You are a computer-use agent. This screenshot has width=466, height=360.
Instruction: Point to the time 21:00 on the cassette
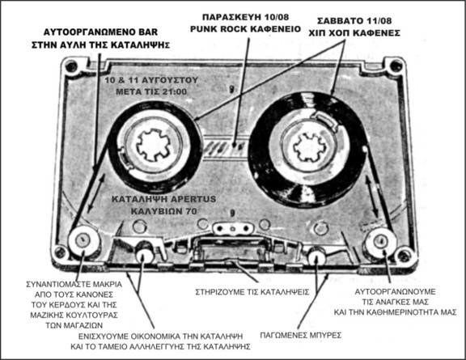175,91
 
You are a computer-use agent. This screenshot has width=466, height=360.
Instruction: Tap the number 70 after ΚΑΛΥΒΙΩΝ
192,211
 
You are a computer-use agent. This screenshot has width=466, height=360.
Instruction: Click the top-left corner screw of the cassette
71,66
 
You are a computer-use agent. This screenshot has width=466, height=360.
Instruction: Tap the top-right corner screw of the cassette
396,65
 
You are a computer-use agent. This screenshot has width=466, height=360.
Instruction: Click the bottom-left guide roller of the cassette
82,240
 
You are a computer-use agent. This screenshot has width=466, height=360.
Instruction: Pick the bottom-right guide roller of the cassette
381,241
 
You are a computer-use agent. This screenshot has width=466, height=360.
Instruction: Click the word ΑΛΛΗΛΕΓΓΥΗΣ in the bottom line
171,346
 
